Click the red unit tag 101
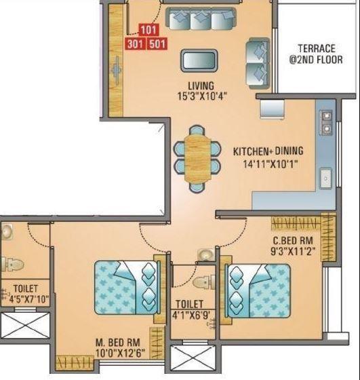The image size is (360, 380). [148, 31]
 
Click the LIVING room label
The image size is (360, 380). [201, 85]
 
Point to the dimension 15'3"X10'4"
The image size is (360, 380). [201, 96]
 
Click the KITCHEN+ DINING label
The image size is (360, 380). [268, 151]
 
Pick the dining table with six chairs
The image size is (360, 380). [197, 157]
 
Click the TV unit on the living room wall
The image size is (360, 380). [117, 64]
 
